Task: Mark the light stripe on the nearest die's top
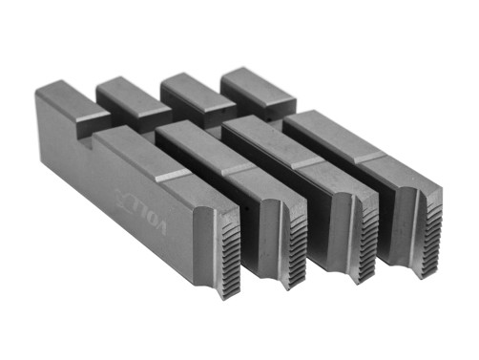pyautogui.click(x=173, y=175)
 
